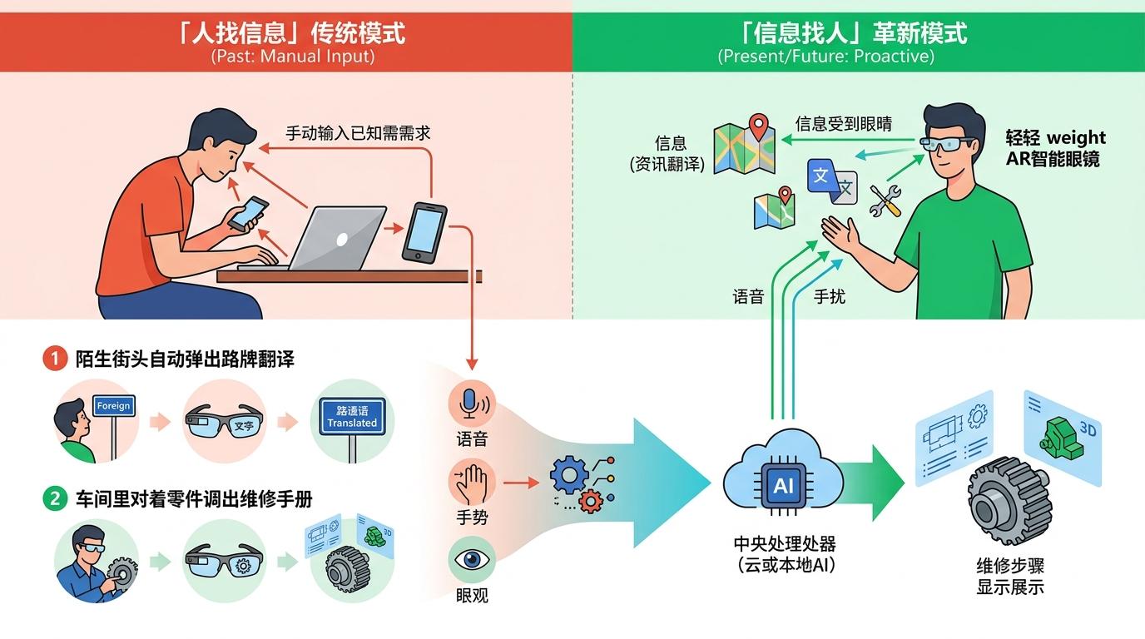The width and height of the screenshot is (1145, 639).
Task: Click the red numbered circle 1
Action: click(x=54, y=359)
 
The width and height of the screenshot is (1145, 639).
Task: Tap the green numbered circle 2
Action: click(x=54, y=499)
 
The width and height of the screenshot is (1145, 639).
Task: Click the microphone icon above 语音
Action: click(x=471, y=404)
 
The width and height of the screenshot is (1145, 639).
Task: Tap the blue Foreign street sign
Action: click(x=114, y=406)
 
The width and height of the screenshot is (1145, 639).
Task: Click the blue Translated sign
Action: click(x=352, y=417)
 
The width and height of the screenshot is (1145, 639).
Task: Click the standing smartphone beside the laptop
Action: click(x=424, y=231)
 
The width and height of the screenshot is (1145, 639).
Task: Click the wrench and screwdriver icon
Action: click(x=885, y=201)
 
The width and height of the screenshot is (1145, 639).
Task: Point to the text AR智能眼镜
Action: click(x=1053, y=159)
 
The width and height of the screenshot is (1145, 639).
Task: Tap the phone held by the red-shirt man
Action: click(x=248, y=213)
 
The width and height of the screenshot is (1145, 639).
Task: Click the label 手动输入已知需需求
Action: click(x=358, y=133)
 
